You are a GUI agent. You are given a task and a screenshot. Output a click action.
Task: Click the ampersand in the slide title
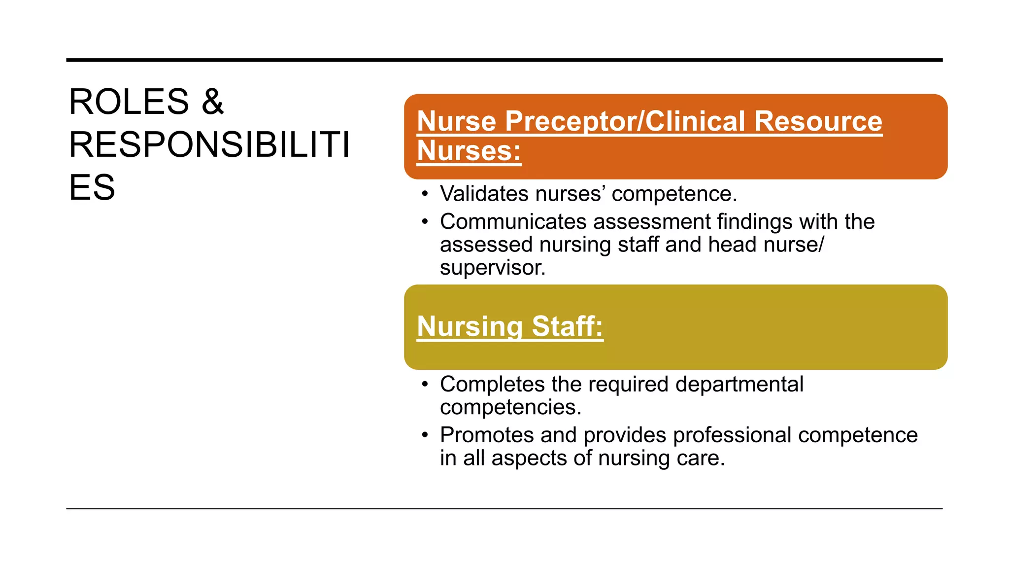(x=212, y=102)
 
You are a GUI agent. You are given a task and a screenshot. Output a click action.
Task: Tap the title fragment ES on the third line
(x=92, y=188)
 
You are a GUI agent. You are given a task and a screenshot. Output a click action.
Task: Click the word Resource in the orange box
(x=818, y=121)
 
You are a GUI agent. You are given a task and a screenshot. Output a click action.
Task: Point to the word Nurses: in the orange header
(x=469, y=151)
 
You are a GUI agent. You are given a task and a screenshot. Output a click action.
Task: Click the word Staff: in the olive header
(x=567, y=326)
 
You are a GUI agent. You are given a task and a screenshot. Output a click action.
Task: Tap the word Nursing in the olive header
(x=470, y=326)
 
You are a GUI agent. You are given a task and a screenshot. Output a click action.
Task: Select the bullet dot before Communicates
(x=425, y=222)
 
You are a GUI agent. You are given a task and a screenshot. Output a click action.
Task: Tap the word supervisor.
(x=492, y=268)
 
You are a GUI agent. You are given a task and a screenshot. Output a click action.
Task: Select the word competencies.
(x=510, y=407)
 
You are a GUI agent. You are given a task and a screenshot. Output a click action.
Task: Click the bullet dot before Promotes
(x=425, y=435)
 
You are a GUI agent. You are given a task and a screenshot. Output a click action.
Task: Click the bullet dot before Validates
(x=425, y=194)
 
